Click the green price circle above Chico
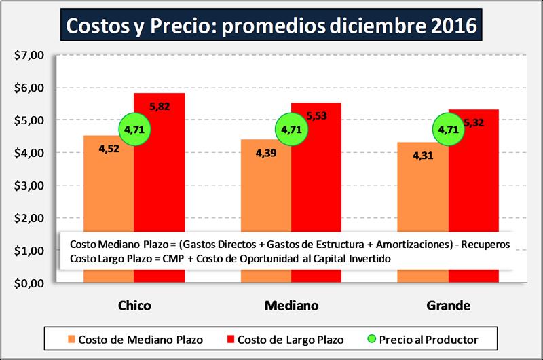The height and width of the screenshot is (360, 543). click(x=134, y=128)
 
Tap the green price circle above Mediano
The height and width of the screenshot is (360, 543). click(x=291, y=128)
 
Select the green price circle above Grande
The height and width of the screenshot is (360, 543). click(x=449, y=128)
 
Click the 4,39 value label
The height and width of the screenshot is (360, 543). click(x=266, y=154)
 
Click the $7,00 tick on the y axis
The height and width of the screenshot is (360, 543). click(x=29, y=55)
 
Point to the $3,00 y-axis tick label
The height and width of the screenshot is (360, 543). click(x=29, y=185)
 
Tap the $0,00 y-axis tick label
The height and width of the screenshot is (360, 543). click(x=29, y=283)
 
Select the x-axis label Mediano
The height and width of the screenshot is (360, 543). click(x=291, y=307)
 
